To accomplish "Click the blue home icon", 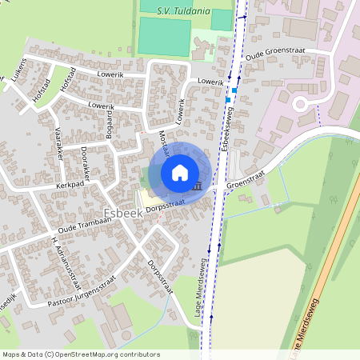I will coord(179,172).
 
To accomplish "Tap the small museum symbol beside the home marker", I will coord(197,186).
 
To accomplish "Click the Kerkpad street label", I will coord(71,185).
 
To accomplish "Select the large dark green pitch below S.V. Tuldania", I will coord(164,36).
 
